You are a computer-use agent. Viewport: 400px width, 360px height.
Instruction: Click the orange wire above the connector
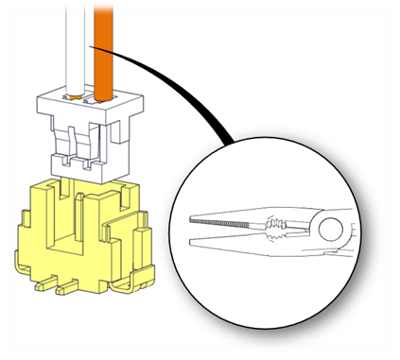pyautogui.click(x=103, y=43)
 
